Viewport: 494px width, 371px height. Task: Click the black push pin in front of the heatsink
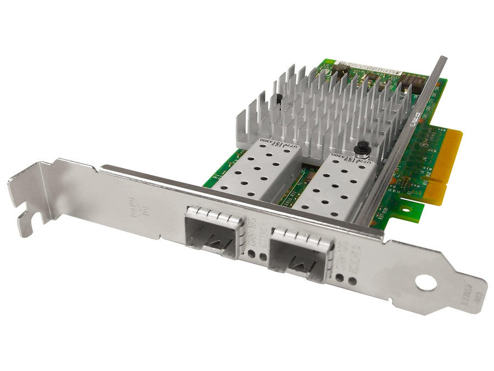(361, 149)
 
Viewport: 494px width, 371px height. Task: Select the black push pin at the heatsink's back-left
(279, 98)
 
